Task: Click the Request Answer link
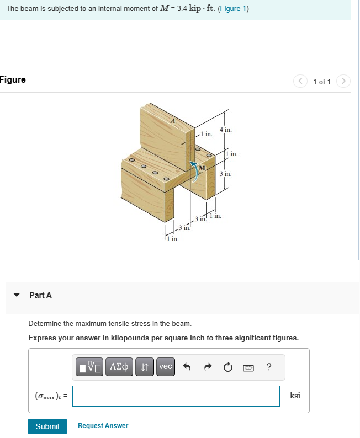[x=103, y=426]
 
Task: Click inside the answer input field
[x=176, y=396]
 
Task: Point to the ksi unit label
[x=295, y=396]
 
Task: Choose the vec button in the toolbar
[x=166, y=367]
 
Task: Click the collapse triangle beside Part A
[x=17, y=295]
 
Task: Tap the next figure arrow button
[x=343, y=82]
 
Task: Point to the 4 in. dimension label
[x=225, y=130]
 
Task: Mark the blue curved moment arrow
[x=196, y=170]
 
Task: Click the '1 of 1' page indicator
[x=322, y=82]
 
